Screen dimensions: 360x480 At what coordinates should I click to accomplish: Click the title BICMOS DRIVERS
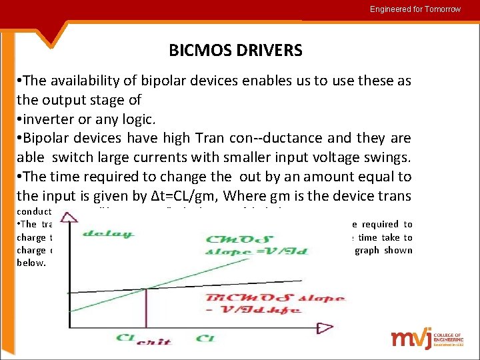235,51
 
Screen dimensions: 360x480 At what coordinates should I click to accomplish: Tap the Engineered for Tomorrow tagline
415,9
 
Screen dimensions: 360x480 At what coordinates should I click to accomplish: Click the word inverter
47,119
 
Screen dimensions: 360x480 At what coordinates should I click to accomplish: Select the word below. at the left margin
31,263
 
